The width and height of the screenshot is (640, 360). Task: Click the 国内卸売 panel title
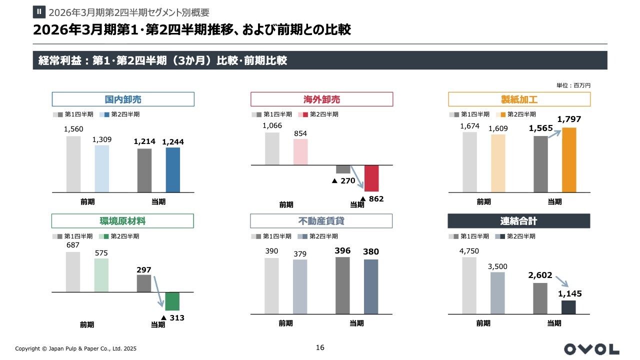coord(123,99)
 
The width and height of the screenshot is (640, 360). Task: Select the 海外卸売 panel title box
coord(321,99)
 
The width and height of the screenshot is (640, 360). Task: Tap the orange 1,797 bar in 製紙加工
coord(569,159)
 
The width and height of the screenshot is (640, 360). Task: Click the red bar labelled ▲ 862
coord(371,178)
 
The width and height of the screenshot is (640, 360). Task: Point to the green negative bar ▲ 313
coord(172,301)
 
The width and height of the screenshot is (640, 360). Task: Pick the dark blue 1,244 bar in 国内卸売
coord(173,169)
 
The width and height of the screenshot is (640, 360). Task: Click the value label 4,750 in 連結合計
coord(469,251)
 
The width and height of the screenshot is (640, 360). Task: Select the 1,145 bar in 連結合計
coord(568,307)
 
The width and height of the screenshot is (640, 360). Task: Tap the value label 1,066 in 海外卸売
coord(272,125)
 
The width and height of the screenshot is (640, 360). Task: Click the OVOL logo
coord(591,349)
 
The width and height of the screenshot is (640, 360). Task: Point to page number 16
coord(320,347)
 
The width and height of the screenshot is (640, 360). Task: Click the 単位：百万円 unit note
coord(573,85)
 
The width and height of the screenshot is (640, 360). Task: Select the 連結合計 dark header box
coord(518,221)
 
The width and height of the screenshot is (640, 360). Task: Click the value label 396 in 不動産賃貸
coord(342,251)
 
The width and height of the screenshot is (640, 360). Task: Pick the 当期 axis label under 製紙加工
coord(554,202)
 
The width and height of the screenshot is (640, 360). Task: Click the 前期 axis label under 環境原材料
coord(87,324)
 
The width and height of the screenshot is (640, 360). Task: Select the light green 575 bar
coord(101,275)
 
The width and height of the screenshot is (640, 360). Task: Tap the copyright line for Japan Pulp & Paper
coord(75,348)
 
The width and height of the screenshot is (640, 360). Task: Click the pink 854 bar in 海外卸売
coord(300,151)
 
